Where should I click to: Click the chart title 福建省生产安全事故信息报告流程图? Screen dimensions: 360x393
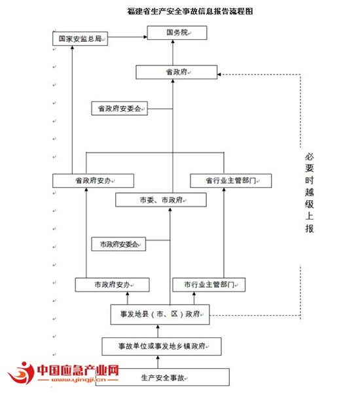[190, 11]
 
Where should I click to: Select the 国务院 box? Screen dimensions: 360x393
[177, 33]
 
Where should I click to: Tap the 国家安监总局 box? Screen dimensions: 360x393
[80, 39]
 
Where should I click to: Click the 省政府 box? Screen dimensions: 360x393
[176, 72]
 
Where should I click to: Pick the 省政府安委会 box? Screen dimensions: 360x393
[119, 109]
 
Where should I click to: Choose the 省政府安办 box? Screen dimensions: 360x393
[93, 180]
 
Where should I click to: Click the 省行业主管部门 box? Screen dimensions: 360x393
[231, 180]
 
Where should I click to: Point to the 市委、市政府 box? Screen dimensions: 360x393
[161, 199]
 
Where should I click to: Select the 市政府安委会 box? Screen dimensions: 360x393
[118, 244]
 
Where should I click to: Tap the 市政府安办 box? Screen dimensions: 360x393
[112, 284]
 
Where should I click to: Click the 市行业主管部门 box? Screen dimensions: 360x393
[209, 284]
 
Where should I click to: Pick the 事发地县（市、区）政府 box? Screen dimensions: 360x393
[160, 315]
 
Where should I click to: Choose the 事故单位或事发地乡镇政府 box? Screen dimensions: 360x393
[162, 347]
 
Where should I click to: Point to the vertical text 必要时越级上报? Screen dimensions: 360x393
[310, 193]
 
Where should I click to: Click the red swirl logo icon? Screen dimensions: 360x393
[22, 373]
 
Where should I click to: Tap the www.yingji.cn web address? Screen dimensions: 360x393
[79, 380]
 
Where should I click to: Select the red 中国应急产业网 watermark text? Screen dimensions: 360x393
[78, 370]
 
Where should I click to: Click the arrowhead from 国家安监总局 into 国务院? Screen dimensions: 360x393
[145, 37]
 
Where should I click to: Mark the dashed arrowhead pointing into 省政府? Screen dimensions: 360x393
[219, 75]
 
